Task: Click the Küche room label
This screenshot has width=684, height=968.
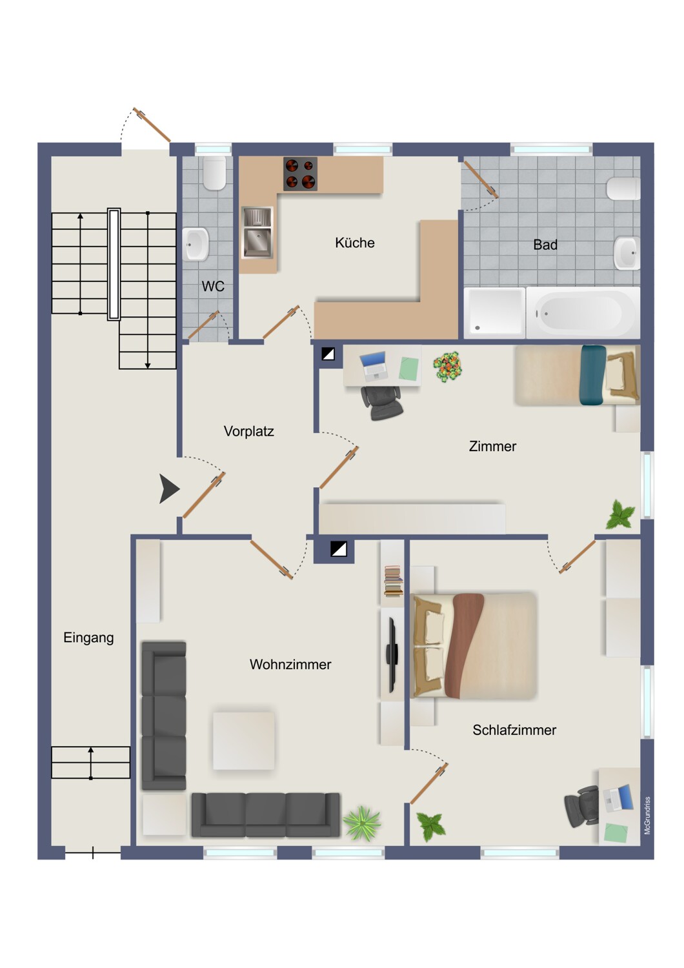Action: tap(354, 243)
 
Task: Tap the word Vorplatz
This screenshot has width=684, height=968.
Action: tap(248, 431)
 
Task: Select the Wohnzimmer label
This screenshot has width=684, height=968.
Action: tap(290, 664)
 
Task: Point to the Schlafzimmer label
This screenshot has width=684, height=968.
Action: tap(514, 730)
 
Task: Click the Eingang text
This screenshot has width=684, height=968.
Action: tap(88, 638)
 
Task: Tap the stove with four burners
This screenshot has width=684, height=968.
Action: tap(300, 174)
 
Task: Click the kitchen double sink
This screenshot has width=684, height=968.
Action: tap(257, 233)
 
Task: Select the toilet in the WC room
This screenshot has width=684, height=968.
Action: tap(214, 173)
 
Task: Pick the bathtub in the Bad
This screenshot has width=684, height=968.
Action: tap(583, 312)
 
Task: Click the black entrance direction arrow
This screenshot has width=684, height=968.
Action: tap(169, 489)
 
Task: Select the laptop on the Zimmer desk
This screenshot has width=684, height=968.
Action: tap(374, 366)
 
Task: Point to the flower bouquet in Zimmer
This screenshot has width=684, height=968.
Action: tap(447, 367)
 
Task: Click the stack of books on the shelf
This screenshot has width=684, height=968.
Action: tap(393, 581)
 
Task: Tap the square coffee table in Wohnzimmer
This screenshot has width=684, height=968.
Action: tap(244, 741)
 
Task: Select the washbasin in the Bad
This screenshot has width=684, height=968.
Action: tap(627, 253)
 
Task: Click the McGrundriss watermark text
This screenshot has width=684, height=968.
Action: tap(647, 816)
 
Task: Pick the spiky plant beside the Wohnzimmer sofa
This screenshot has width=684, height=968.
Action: tap(361, 823)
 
